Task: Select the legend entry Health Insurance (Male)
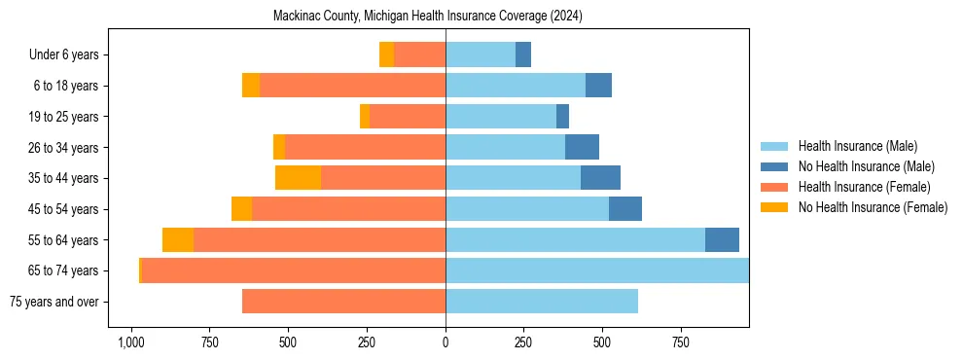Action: (x=857, y=146)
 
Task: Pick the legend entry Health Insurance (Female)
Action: (x=864, y=187)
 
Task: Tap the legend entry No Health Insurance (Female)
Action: (x=873, y=207)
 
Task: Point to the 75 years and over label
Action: (x=53, y=302)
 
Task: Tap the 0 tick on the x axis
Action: (x=446, y=342)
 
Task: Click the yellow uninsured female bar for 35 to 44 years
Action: (x=298, y=178)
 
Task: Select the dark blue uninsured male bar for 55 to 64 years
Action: (x=722, y=239)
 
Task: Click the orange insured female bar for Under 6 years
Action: (x=419, y=54)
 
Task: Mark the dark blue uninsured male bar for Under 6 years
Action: (x=523, y=54)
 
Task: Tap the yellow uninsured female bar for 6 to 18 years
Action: (x=251, y=86)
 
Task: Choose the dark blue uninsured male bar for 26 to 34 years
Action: (x=582, y=147)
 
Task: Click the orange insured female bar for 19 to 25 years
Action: (x=408, y=117)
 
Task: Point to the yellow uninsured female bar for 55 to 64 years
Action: (x=178, y=239)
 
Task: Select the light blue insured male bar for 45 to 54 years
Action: (x=527, y=209)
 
